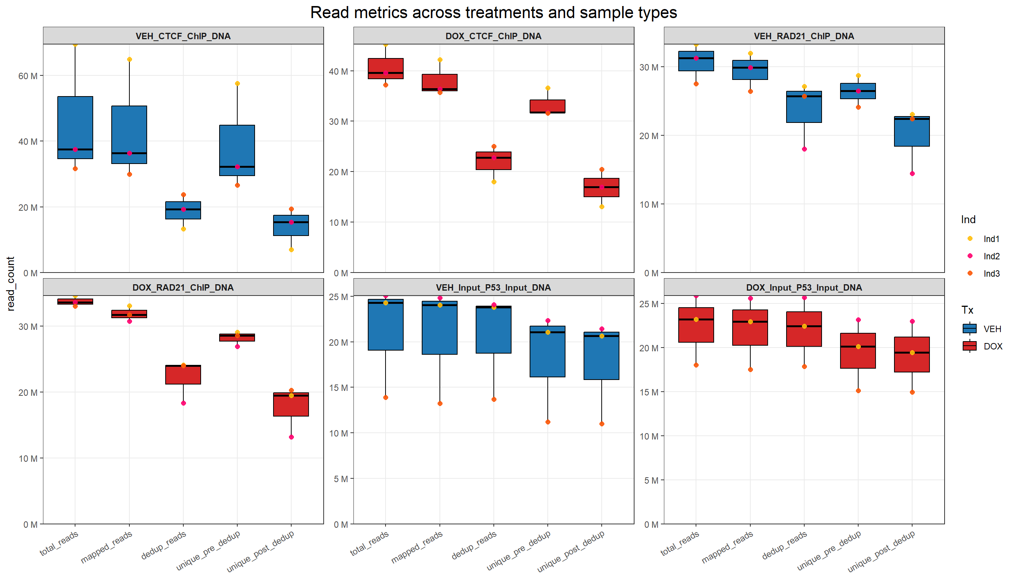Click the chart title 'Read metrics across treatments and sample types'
pos(493,13)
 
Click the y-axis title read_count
pos(11,283)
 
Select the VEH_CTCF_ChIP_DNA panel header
pos(183,36)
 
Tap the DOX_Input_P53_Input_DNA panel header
pos(804,288)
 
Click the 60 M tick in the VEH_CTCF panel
pos(28,76)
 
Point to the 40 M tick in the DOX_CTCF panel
pos(338,72)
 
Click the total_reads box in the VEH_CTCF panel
pos(75,128)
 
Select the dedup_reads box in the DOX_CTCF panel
pos(494,161)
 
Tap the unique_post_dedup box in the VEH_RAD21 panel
pos(912,131)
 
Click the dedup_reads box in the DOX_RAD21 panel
pos(183,375)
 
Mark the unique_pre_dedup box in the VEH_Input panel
pos(548,352)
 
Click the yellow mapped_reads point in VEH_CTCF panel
pos(129,60)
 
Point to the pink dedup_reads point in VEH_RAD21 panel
pos(804,149)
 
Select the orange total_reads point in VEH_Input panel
pos(386,398)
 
